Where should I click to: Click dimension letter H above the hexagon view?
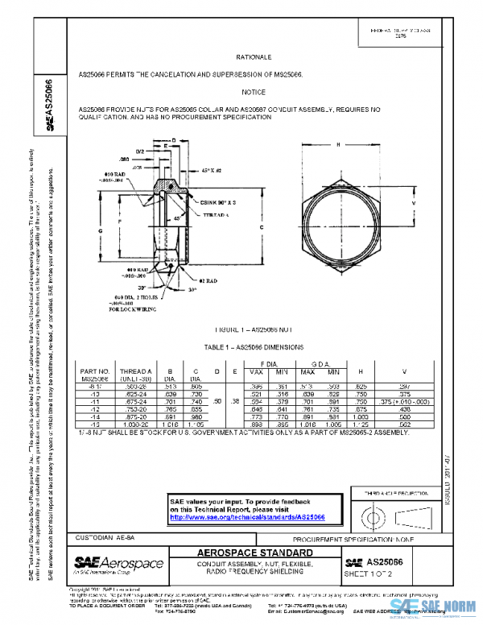tap(338, 143)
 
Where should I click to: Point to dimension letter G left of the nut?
tap(101, 230)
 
